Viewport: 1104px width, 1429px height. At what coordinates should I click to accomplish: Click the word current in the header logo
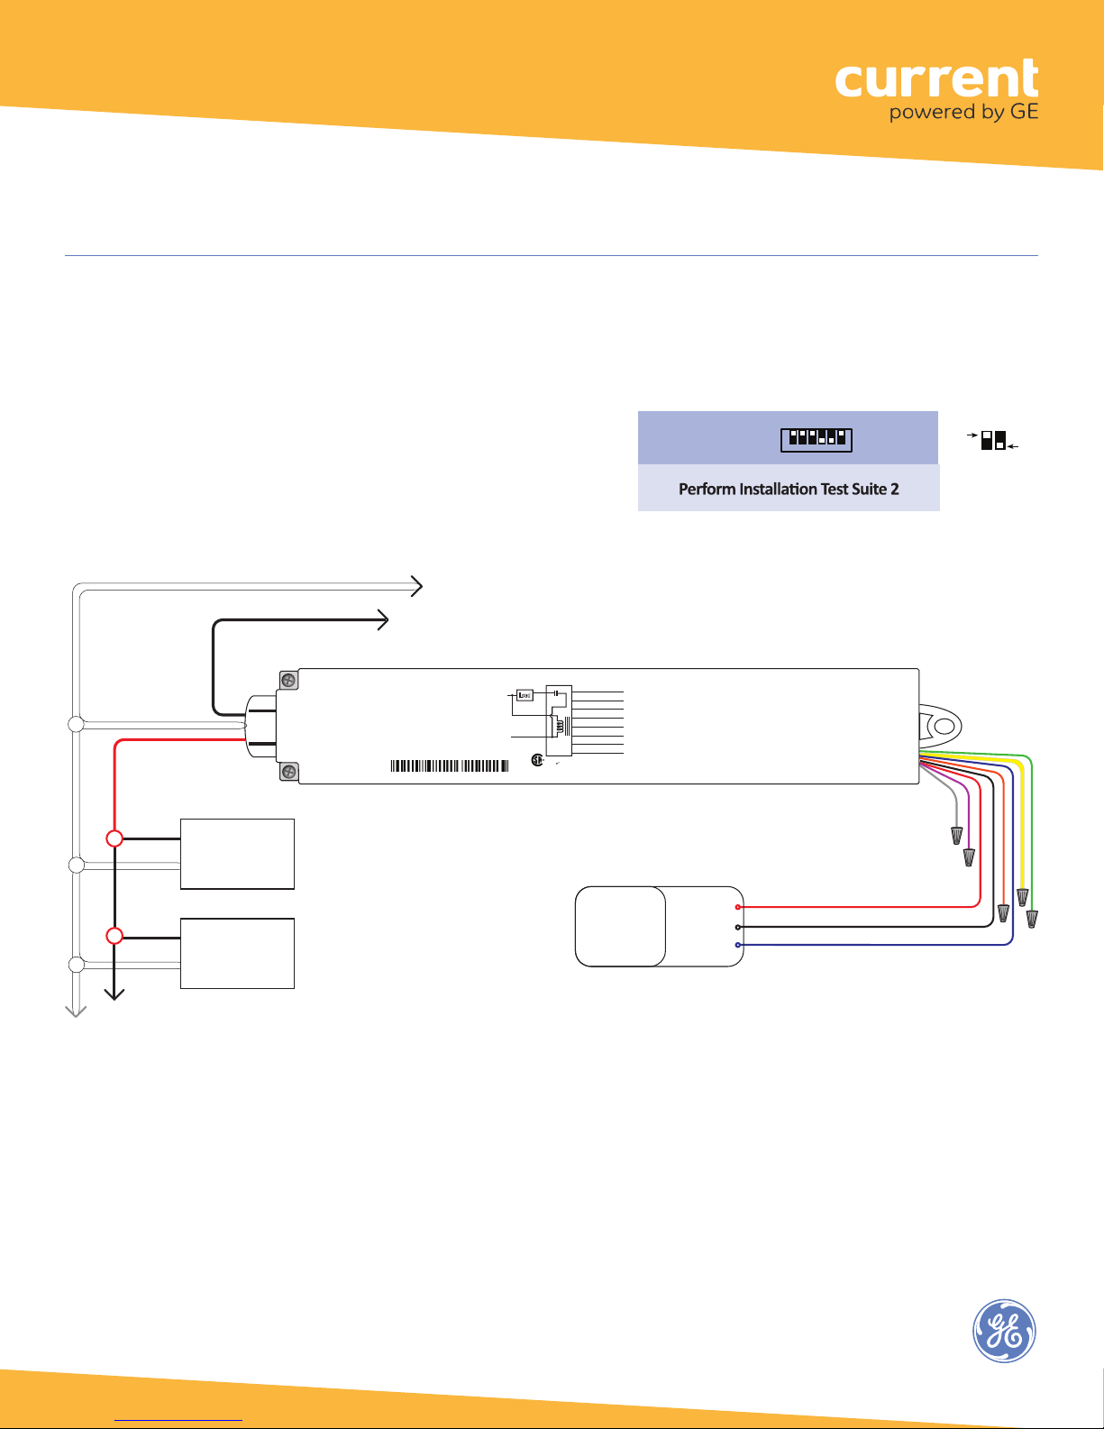[936, 79]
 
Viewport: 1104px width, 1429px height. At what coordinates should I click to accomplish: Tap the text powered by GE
[963, 112]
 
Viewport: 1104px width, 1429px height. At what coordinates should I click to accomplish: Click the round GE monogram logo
[1004, 1331]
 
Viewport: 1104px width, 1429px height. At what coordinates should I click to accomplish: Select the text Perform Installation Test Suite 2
[789, 489]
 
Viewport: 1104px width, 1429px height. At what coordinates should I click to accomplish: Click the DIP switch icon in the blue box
[817, 439]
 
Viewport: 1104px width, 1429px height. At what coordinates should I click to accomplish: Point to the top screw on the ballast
[287, 680]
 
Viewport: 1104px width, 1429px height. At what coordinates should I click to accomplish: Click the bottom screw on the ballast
[287, 771]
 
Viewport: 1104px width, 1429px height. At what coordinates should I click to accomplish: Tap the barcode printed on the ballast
[450, 765]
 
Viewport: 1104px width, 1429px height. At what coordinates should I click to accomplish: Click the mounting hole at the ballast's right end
[944, 726]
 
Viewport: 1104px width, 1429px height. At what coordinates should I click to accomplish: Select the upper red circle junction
[114, 838]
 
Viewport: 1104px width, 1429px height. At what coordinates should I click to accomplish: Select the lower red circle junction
[114, 935]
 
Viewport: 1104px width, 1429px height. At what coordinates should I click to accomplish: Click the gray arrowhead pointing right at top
[416, 586]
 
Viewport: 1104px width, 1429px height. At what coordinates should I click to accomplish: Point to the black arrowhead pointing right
[382, 619]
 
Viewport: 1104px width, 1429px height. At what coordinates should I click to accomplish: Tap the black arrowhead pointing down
[114, 994]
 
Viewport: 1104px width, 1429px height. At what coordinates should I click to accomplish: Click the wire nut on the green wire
[1032, 918]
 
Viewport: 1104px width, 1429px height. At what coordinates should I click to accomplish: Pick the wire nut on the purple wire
[969, 857]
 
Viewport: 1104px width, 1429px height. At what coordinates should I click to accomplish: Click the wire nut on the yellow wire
[1023, 898]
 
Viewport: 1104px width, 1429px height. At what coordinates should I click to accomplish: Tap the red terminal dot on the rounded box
[738, 907]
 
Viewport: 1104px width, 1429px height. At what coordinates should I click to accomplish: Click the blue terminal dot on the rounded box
[738, 945]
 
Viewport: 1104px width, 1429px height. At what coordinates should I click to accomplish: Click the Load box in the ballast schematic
[525, 695]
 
